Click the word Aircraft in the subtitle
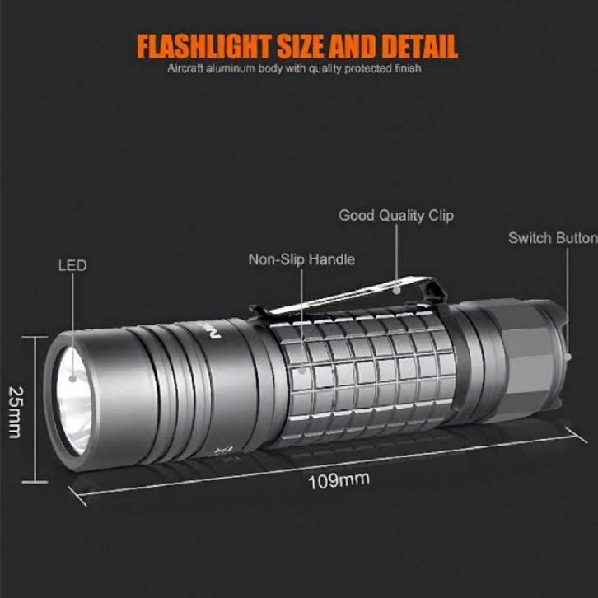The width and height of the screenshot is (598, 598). (x=185, y=68)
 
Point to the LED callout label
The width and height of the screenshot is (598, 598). (x=72, y=266)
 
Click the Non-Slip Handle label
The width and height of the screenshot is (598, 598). (x=301, y=259)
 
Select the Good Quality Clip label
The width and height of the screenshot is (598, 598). (x=396, y=217)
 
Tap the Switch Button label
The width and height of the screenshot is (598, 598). (x=552, y=238)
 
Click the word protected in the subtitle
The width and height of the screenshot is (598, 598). (x=367, y=68)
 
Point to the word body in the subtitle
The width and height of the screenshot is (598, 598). (x=270, y=68)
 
